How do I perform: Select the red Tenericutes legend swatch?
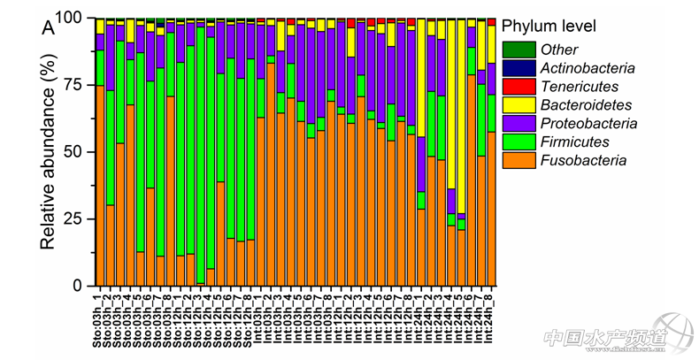tap(518, 87)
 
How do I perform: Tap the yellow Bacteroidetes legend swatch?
tap(518, 105)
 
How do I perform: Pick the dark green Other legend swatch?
tap(518, 50)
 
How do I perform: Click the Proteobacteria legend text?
tap(587, 123)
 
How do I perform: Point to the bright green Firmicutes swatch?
tap(518, 142)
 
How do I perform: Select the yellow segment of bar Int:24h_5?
tap(461, 115)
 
